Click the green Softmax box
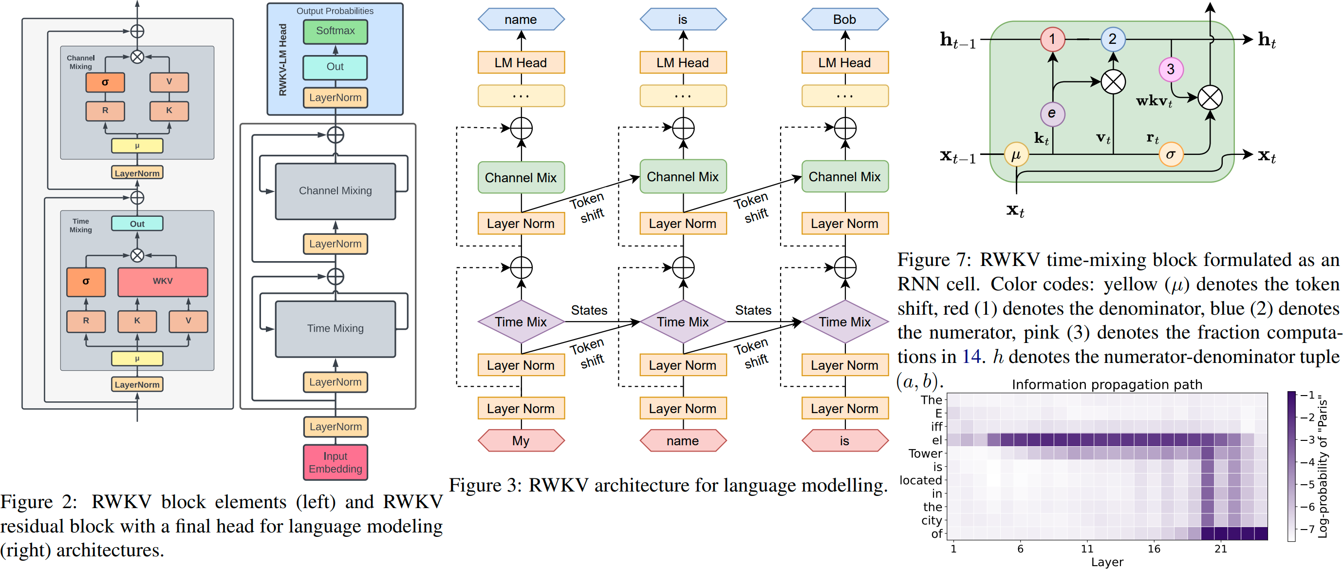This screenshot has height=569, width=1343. [335, 31]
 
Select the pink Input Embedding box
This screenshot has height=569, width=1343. [335, 462]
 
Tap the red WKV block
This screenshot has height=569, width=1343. [163, 281]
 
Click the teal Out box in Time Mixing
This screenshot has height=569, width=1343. [137, 224]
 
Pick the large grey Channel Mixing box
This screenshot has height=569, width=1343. [335, 191]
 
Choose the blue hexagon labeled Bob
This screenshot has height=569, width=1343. [844, 19]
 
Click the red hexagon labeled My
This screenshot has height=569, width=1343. [521, 441]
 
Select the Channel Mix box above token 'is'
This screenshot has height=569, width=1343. [844, 177]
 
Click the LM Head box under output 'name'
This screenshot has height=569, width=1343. [521, 62]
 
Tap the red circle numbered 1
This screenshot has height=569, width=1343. [1052, 39]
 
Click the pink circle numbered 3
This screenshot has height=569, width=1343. [1171, 69]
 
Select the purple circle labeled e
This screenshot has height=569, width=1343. [1052, 113]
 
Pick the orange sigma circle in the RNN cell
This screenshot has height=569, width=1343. [1171, 154]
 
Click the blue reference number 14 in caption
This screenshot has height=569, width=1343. [971, 357]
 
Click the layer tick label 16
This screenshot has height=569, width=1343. [1154, 549]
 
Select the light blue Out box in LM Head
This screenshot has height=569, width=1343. [335, 67]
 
